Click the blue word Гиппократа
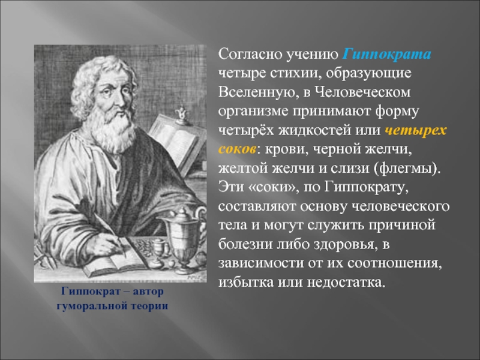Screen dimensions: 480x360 pos(387,54)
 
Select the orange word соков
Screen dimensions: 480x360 pos(237,149)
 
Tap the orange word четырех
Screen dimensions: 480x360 pos(416,130)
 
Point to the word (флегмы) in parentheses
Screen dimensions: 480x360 pos(407,169)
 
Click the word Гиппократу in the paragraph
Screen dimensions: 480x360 pos(367,187)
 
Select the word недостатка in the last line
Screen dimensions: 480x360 pos(346,282)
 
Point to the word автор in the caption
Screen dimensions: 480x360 pos(148,291)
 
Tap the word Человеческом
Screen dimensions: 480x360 pos(362,92)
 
